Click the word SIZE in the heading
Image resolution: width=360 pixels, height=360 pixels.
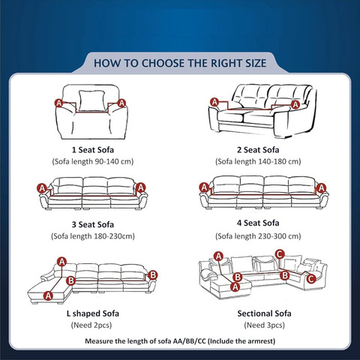click(x=256, y=63)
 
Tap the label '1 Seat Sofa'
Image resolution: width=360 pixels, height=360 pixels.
click(x=93, y=150)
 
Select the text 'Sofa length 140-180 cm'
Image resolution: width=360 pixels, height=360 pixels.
click(x=258, y=161)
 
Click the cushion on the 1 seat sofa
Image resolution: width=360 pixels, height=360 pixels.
click(x=91, y=100)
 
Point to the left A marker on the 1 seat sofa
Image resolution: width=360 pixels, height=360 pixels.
click(x=59, y=103)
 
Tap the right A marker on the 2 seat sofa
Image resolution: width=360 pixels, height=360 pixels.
click(x=295, y=104)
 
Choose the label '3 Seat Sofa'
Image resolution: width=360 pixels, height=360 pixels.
click(x=93, y=224)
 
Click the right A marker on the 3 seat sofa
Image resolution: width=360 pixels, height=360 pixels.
click(x=141, y=187)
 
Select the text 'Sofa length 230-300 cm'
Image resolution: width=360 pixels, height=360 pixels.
click(x=258, y=236)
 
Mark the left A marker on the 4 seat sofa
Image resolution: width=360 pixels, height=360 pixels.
click(x=204, y=187)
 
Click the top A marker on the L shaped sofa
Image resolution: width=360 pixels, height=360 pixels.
click(x=61, y=262)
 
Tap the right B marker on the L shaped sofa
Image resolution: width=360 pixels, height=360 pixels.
click(x=152, y=275)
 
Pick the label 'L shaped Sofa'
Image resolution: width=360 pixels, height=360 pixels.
click(x=93, y=313)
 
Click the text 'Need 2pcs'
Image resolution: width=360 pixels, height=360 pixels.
click(x=91, y=325)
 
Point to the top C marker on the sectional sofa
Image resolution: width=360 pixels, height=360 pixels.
click(x=280, y=254)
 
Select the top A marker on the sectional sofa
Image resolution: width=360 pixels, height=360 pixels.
click(x=219, y=256)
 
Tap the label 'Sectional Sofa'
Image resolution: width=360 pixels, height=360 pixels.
click(x=264, y=313)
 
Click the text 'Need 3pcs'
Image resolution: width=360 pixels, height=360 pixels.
click(x=265, y=325)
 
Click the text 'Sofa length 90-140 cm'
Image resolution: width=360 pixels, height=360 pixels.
click(x=93, y=161)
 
